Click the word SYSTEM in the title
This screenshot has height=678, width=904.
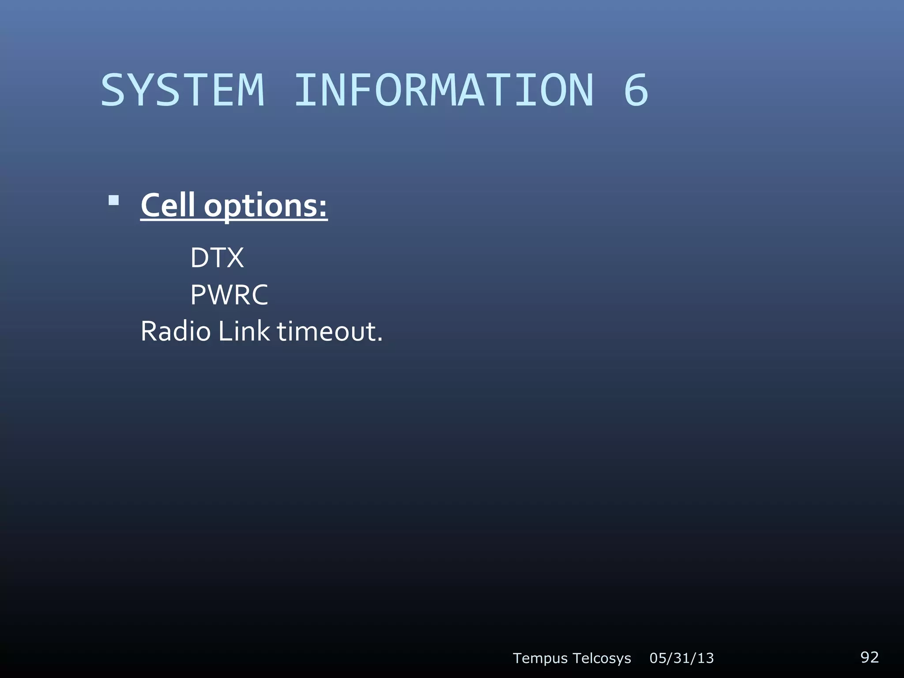click(183, 90)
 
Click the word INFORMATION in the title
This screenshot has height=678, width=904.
click(444, 90)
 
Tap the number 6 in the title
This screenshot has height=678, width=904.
click(636, 90)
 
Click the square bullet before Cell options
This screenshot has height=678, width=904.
click(114, 201)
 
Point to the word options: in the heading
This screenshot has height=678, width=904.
click(265, 207)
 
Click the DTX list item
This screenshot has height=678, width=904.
click(217, 258)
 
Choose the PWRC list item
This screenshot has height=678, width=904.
click(229, 295)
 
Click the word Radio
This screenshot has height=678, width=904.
click(175, 331)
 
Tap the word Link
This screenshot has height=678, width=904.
click(243, 331)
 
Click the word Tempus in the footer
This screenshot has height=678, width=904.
click(540, 658)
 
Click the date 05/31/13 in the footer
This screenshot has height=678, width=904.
click(682, 658)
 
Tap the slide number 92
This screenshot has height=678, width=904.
click(869, 657)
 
